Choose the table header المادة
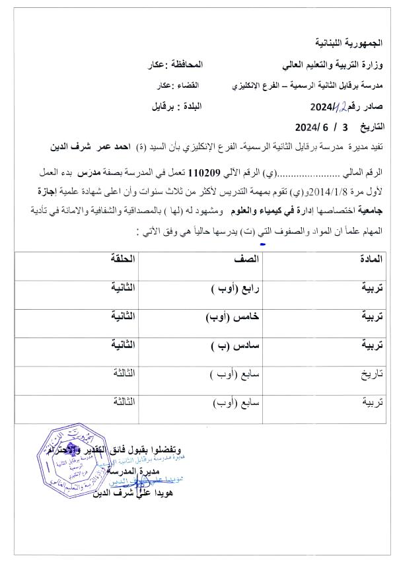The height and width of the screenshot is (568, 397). tap(367, 260)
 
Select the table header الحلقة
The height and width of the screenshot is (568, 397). tap(123, 260)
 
